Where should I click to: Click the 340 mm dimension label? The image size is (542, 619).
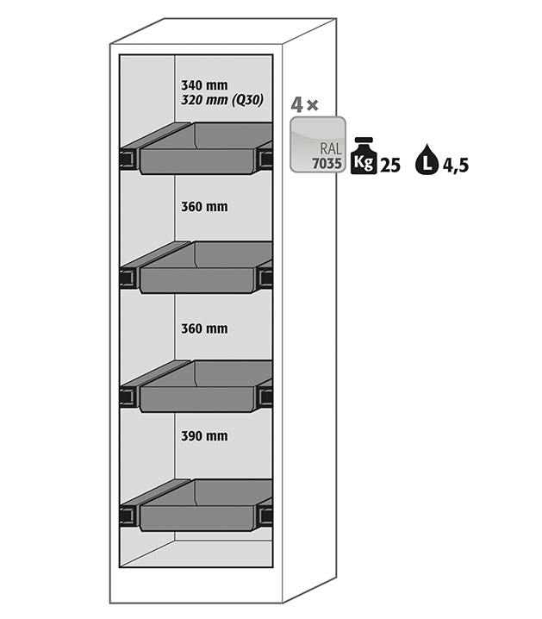coord(204,85)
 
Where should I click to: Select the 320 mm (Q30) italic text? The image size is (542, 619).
coord(221,100)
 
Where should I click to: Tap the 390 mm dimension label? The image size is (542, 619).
coord(204,436)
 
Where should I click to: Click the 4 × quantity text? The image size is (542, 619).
coord(304,105)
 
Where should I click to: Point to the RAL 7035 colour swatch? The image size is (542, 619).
coord(319,145)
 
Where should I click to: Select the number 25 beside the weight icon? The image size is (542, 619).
coord(390,164)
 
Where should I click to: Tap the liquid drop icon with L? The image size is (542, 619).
coord(427,159)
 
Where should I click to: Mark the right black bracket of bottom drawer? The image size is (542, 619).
coord(265,516)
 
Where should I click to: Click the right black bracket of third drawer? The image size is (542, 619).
coord(265,397)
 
